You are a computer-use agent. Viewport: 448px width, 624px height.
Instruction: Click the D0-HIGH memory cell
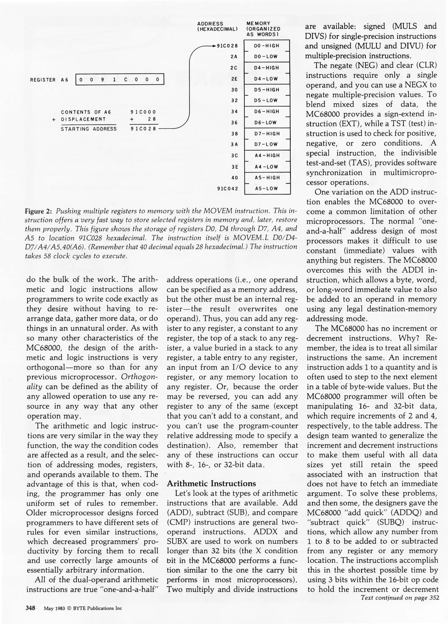coord(267,46)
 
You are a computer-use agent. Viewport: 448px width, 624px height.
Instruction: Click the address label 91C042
coord(228,189)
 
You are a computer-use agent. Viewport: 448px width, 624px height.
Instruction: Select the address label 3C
coord(235,155)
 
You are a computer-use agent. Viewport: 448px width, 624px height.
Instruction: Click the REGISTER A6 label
coord(49,80)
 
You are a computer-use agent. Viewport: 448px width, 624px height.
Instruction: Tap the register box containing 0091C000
coord(120,79)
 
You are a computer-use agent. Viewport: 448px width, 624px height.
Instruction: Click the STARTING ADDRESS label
coord(89,129)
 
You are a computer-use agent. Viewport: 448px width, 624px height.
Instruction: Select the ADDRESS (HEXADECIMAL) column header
coord(217,26)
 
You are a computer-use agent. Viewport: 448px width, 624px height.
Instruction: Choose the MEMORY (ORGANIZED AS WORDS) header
coord(263,29)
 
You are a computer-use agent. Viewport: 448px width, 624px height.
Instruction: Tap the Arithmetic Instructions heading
coord(211,484)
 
